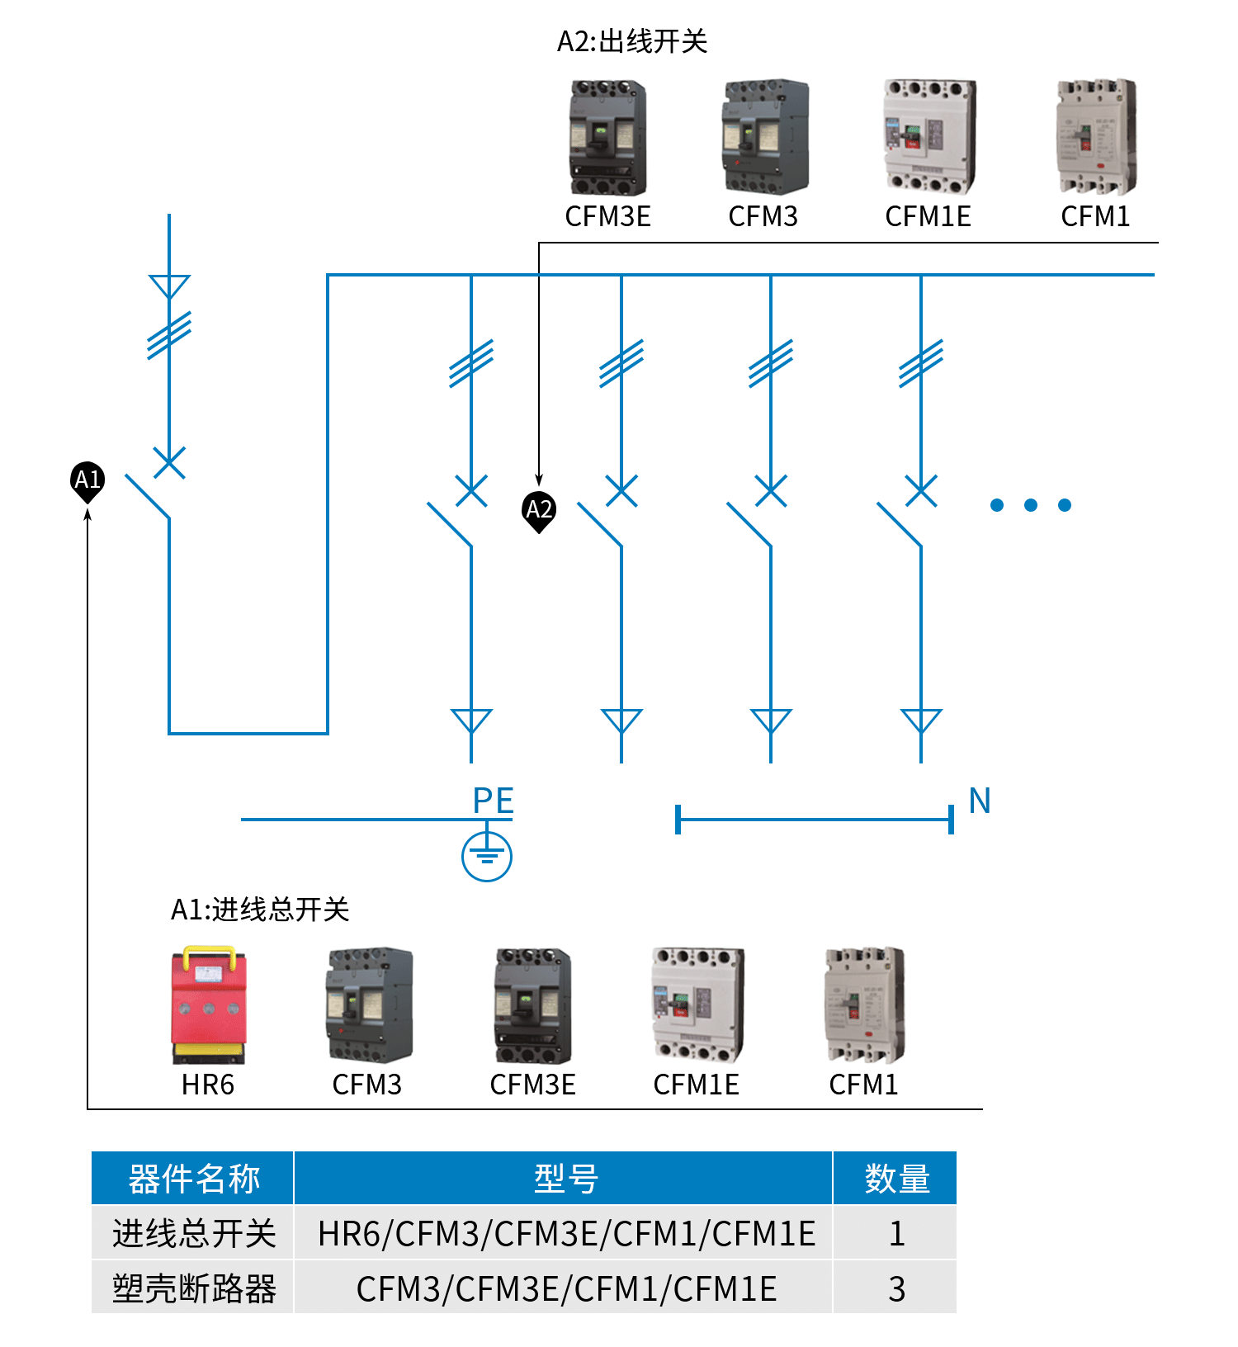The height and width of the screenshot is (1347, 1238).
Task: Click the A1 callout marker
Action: [87, 480]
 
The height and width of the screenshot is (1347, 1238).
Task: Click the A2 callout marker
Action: [539, 509]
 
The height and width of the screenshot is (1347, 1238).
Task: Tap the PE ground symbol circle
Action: [487, 856]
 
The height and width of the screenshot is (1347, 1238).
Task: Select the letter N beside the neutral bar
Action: [980, 800]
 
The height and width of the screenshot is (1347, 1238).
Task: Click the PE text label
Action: [494, 801]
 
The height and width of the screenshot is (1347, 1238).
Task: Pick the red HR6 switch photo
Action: [208, 1004]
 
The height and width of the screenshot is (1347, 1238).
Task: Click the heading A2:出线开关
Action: [632, 41]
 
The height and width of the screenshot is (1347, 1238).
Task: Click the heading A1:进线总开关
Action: [260, 909]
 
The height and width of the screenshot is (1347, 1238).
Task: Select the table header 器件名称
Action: [193, 1179]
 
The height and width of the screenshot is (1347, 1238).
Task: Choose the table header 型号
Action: [565, 1179]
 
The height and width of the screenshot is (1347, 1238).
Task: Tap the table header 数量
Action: [896, 1179]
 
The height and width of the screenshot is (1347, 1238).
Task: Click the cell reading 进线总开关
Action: [193, 1233]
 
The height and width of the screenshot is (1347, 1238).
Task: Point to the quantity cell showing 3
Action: [896, 1288]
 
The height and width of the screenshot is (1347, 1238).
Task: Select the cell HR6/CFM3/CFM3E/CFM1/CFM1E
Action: [565, 1233]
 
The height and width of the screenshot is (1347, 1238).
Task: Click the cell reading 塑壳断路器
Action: [193, 1288]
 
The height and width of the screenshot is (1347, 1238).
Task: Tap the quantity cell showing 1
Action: [896, 1233]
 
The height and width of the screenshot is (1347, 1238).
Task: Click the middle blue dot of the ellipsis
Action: [1031, 505]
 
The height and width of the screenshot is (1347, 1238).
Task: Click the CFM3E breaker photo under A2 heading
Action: [608, 137]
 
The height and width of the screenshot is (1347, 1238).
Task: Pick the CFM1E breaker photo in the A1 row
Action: [697, 1004]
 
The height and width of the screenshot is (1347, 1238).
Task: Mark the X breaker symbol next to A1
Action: [169, 463]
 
